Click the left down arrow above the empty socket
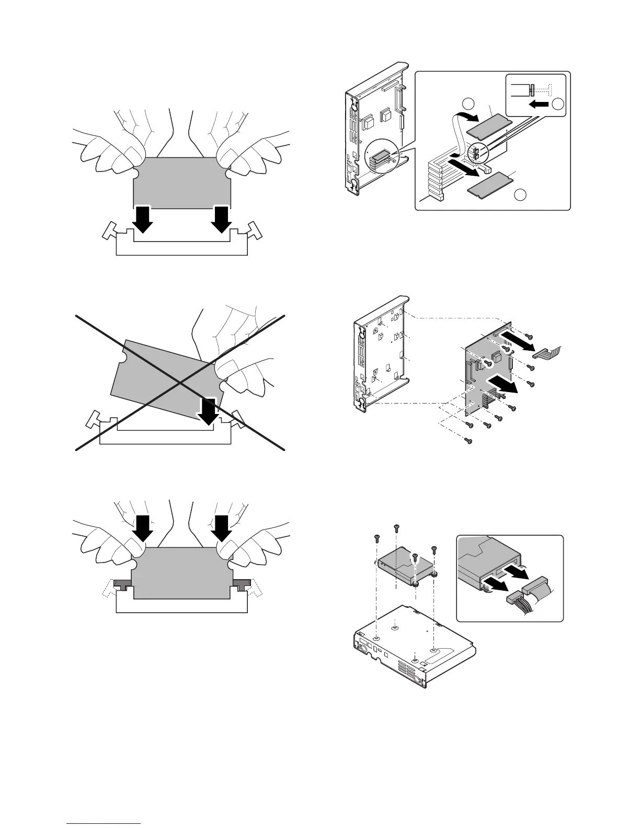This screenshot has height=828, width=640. (142, 220)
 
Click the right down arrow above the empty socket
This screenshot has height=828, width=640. (222, 220)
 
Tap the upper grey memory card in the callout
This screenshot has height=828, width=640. (488, 127)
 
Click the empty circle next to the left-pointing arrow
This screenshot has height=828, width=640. (558, 104)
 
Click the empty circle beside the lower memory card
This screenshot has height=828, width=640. (520, 195)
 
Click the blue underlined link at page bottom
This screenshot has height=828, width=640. (105, 824)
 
